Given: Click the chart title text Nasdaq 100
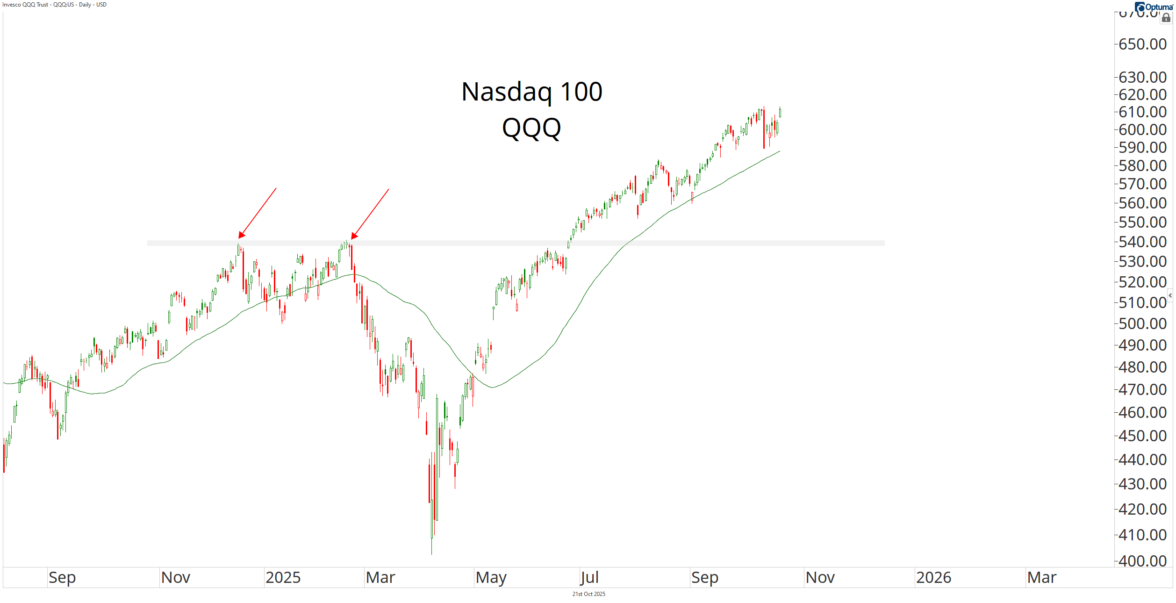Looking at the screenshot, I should click(x=531, y=92).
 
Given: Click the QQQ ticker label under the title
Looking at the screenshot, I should click(x=531, y=128).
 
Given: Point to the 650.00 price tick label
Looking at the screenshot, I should click(x=1142, y=44).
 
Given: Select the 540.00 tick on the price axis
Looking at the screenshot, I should click(x=1142, y=242).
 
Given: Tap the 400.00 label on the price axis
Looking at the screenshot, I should click(x=1142, y=560).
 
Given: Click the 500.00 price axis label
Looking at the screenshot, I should click(x=1142, y=323).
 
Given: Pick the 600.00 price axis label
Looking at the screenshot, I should click(x=1142, y=129).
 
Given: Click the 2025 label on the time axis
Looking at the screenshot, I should click(x=283, y=578).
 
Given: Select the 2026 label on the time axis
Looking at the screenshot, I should click(x=933, y=578).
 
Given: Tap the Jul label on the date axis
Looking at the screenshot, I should click(x=589, y=578).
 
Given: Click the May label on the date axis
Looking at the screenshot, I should click(x=491, y=578).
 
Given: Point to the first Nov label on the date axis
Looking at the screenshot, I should click(x=176, y=578).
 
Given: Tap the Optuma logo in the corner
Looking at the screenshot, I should click(x=1154, y=7).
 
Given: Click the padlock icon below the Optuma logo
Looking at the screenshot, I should click(x=1166, y=18).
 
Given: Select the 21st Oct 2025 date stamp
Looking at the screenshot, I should click(x=588, y=594).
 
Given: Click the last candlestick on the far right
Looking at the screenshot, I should click(x=780, y=113).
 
